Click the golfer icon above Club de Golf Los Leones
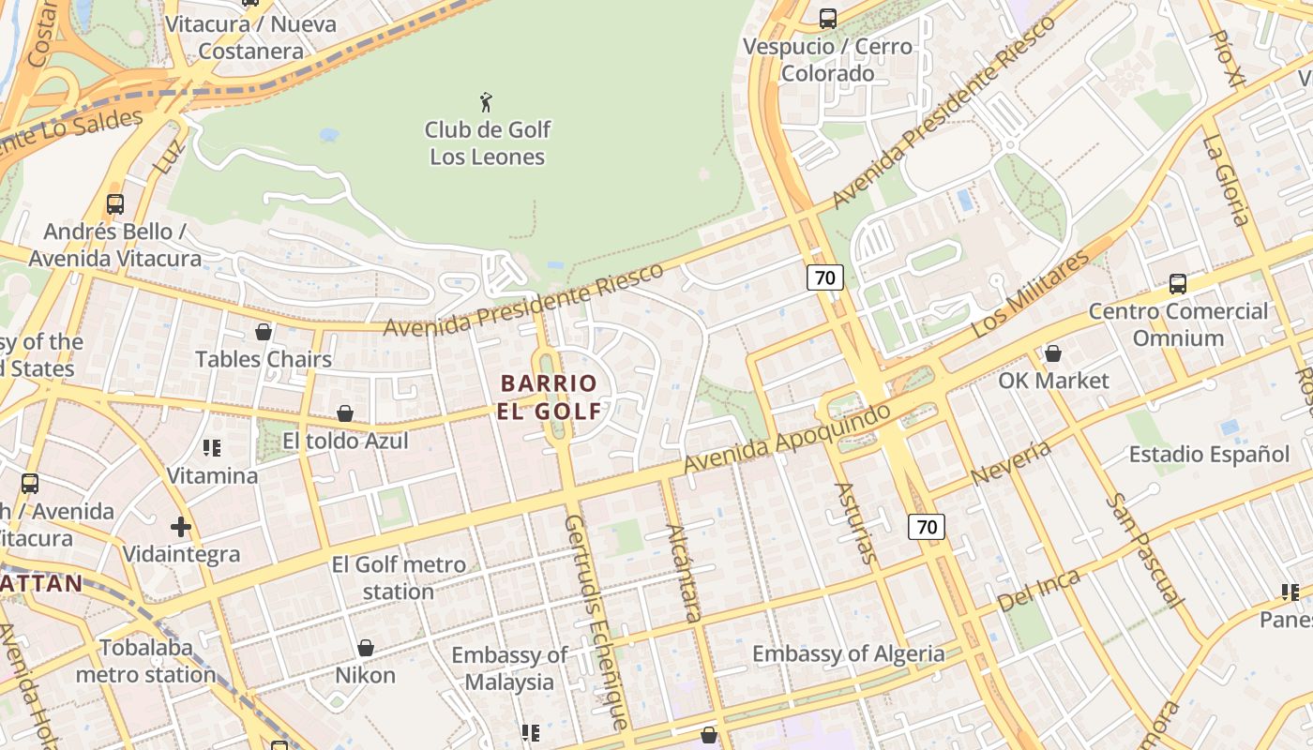click(486, 102)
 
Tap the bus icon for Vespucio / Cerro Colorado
click(827, 18)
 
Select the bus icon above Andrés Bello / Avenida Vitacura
click(115, 203)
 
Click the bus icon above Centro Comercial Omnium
click(1177, 283)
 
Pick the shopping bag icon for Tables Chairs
click(264, 332)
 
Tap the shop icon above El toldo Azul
click(345, 413)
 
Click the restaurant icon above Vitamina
click(212, 448)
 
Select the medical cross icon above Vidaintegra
click(181, 527)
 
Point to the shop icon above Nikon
click(366, 648)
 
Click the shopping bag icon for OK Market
click(1053, 353)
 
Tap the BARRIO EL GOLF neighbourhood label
click(550, 397)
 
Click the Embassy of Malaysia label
click(509, 668)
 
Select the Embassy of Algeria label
click(848, 653)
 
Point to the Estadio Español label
click(1209, 455)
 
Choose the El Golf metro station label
click(399, 578)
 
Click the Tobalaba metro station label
click(145, 661)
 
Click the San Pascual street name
click(1143, 550)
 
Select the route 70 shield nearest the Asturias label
click(926, 527)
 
